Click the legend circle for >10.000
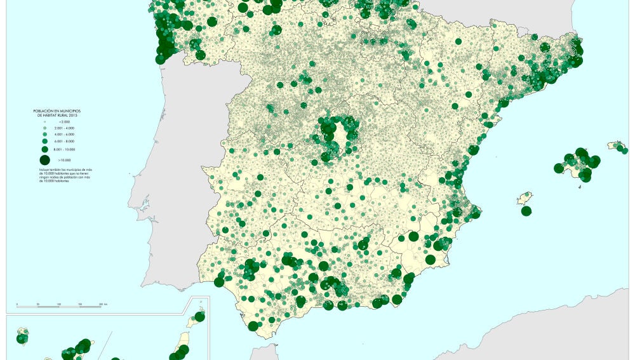(x=44, y=159)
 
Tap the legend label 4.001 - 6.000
(x=66, y=134)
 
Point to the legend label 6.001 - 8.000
(x=66, y=141)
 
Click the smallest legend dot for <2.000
(x=44, y=121)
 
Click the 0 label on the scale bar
(x=17, y=305)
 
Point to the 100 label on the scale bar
(x=59, y=305)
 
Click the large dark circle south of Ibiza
(x=526, y=211)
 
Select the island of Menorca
(x=616, y=146)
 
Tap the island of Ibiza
(x=525, y=199)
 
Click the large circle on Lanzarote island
(x=199, y=316)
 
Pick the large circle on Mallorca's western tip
(x=559, y=168)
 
